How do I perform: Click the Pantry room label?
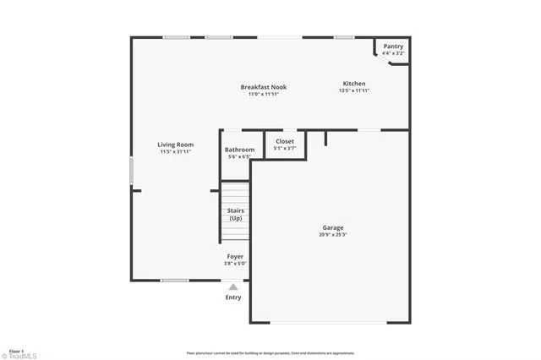393,46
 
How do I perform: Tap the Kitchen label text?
353,83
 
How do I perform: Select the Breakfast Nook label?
264,87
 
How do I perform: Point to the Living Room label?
175,145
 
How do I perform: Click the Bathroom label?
239,150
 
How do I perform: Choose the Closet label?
285,141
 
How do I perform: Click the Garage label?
332,227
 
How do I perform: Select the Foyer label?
235,256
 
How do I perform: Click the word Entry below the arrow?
233,297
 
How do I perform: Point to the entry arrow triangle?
233,287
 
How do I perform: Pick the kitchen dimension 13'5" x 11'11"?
353,90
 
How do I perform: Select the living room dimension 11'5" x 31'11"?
175,152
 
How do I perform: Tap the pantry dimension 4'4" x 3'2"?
393,53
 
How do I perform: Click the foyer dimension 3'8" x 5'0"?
235,264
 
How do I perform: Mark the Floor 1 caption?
16,350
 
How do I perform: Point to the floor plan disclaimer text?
270,353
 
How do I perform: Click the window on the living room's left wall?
131,170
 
